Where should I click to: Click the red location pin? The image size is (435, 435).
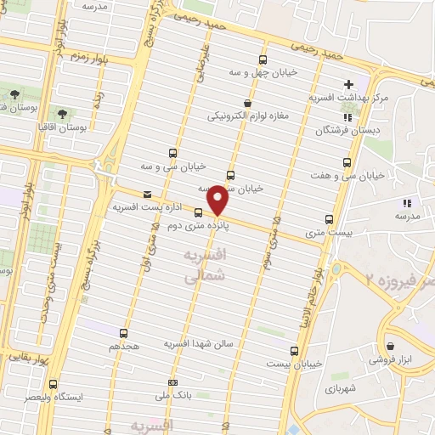217,201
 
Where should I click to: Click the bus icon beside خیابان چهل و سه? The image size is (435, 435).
262,60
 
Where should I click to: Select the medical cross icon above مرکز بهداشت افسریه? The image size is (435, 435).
347,85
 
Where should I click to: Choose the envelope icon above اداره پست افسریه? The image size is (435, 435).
147,194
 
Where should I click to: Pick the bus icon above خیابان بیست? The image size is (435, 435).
294,350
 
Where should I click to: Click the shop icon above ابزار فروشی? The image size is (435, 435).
390,347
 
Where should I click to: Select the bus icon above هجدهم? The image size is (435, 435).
125,333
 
